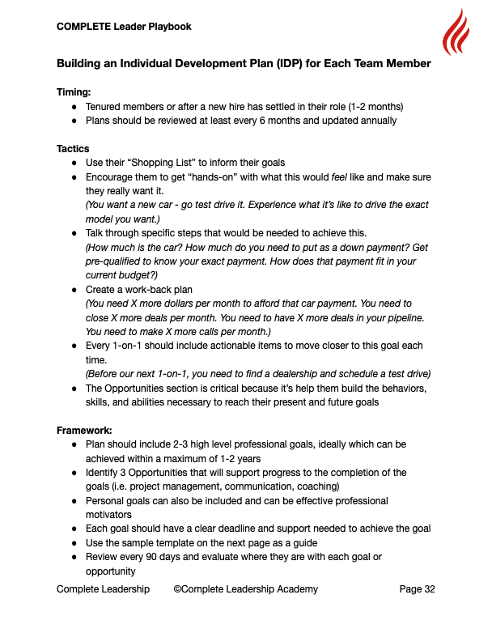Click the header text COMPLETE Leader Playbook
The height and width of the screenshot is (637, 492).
tap(124, 27)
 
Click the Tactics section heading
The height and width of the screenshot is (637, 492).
tap(73, 149)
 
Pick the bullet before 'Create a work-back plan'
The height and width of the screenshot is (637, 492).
tap(74, 289)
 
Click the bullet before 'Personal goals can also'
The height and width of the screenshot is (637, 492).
tap(74, 501)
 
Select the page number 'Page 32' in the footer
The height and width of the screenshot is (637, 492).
tap(417, 589)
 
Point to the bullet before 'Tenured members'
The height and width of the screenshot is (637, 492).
tap(74, 107)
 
